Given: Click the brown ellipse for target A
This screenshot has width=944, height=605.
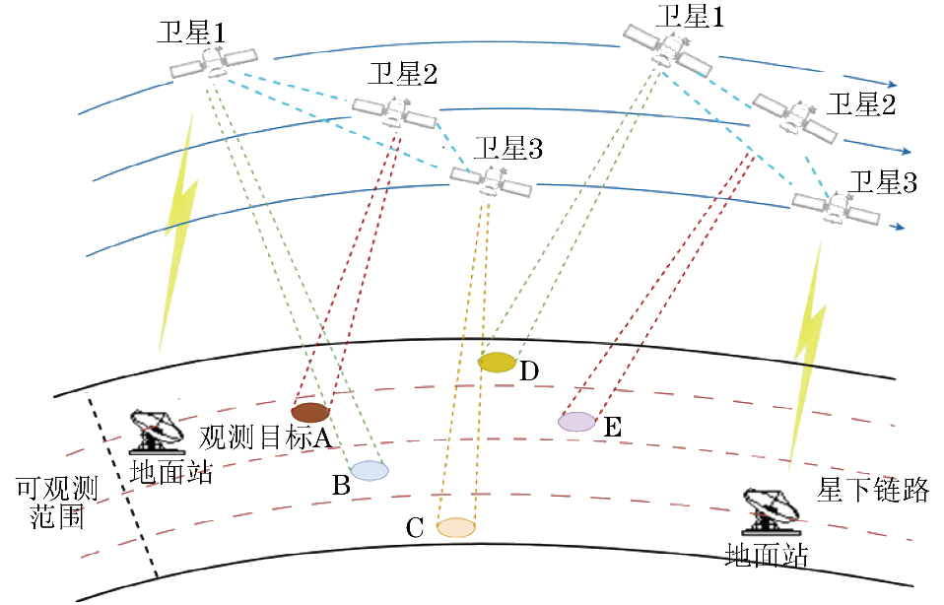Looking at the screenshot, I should [x=308, y=412].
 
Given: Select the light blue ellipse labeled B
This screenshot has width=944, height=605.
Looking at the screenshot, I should [x=370, y=471].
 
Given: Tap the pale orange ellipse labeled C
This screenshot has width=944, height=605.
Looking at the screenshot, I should [x=456, y=527].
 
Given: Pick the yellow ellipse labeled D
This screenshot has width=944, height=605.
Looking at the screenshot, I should [x=497, y=363].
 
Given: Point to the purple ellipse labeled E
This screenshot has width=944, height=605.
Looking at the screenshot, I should [x=576, y=422].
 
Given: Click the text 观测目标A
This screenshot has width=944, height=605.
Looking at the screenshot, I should [x=264, y=437].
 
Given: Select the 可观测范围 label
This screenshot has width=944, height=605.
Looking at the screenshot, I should [x=56, y=502].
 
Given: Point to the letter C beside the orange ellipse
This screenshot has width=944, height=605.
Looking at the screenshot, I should [x=416, y=529].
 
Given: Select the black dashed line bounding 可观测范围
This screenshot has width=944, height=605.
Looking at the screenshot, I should [x=123, y=488].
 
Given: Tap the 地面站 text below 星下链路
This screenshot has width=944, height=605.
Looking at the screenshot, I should [x=766, y=556].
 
